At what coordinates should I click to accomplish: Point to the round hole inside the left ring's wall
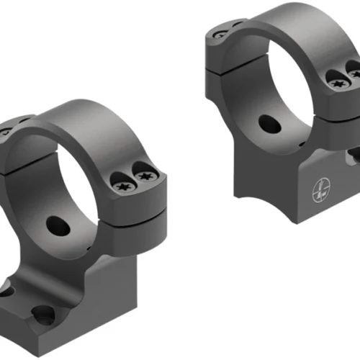(x=55, y=225)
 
